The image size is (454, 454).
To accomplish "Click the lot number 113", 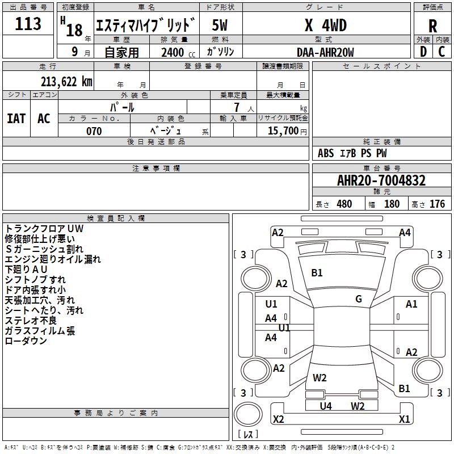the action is (x=28, y=24).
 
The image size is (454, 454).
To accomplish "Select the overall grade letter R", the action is (x=432, y=26).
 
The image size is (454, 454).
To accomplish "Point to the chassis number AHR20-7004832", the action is (x=381, y=181).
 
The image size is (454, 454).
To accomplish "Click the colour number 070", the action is (x=94, y=131).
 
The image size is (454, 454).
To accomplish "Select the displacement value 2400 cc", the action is (x=176, y=52).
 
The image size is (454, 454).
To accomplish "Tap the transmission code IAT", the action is (x=16, y=119).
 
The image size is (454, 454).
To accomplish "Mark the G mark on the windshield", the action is (x=359, y=299).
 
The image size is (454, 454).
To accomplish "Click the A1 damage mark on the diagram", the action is (x=411, y=304).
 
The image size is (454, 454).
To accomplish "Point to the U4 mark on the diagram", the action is (x=326, y=406).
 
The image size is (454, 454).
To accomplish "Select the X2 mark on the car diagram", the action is (x=279, y=419).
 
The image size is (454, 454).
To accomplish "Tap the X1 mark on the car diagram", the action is (x=405, y=419).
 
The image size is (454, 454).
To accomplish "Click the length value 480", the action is (x=344, y=204).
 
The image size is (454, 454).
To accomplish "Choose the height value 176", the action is (x=437, y=204).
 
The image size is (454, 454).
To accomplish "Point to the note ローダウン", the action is (x=26, y=341).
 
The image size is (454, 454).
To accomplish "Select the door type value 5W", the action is (x=220, y=26).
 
